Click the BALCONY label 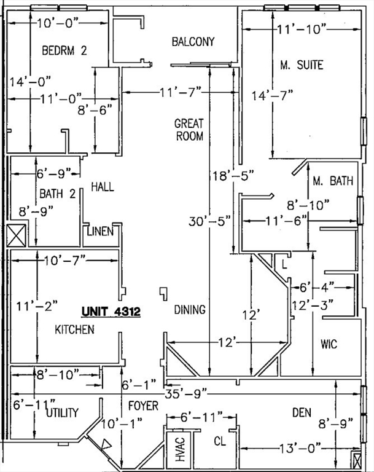[x=193, y=42]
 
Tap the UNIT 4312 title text [x=111, y=312]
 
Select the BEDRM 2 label [x=64, y=51]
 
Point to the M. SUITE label [x=302, y=65]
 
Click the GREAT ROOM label [x=189, y=130]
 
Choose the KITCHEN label [x=75, y=330]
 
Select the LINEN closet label [x=99, y=232]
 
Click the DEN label [x=302, y=412]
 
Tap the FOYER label [x=142, y=406]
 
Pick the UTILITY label [x=62, y=413]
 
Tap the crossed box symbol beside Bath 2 [x=15, y=235]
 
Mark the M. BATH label [x=332, y=181]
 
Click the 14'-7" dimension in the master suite [x=273, y=95]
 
